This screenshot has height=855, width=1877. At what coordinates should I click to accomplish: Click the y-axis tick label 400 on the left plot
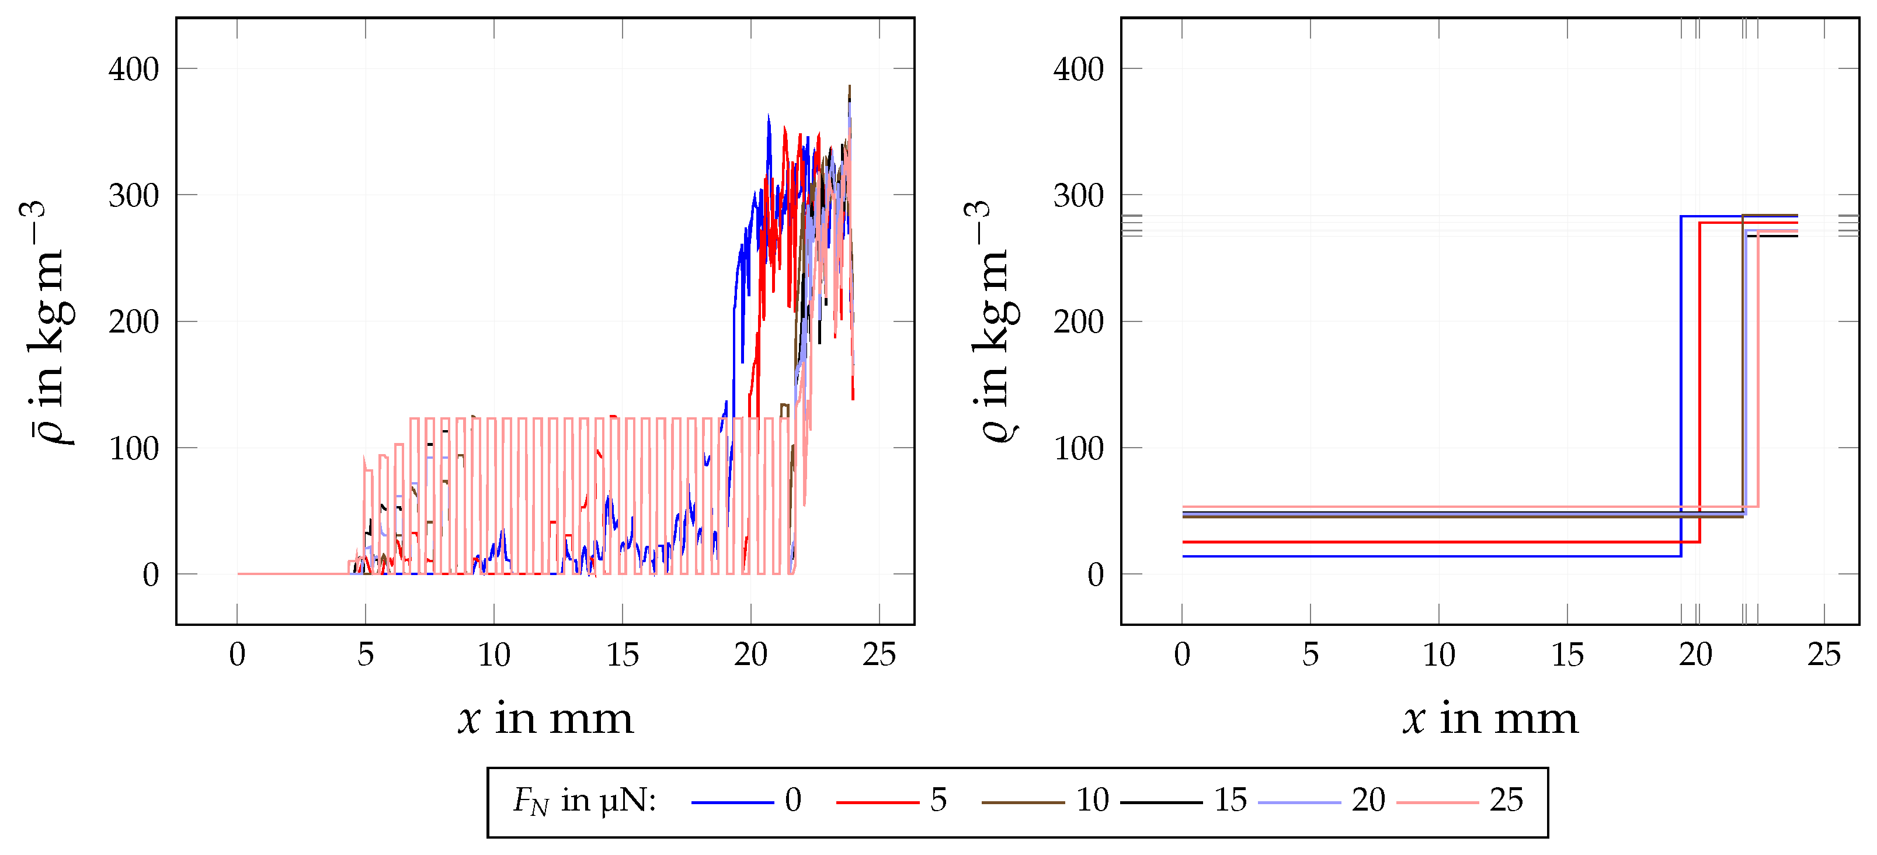point(133,70)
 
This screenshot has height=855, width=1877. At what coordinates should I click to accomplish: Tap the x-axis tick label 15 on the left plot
point(623,655)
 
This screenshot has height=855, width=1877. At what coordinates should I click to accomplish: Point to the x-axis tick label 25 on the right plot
point(1824,655)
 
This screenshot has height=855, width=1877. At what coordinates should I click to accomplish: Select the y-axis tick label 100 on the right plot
point(1079,449)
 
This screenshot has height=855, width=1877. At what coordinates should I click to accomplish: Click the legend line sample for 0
point(732,802)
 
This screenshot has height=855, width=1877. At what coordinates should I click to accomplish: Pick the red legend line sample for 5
point(877,802)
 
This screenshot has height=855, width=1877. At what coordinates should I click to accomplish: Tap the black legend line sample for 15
point(1161,802)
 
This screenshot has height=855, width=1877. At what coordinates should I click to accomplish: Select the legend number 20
point(1368,800)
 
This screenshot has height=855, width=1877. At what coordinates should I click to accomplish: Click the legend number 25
point(1506,800)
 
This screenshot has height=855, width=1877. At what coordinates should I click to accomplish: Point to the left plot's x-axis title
point(546,719)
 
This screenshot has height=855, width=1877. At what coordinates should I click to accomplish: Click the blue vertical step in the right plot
point(1681,386)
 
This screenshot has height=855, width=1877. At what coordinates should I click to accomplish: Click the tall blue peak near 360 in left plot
point(768,118)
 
